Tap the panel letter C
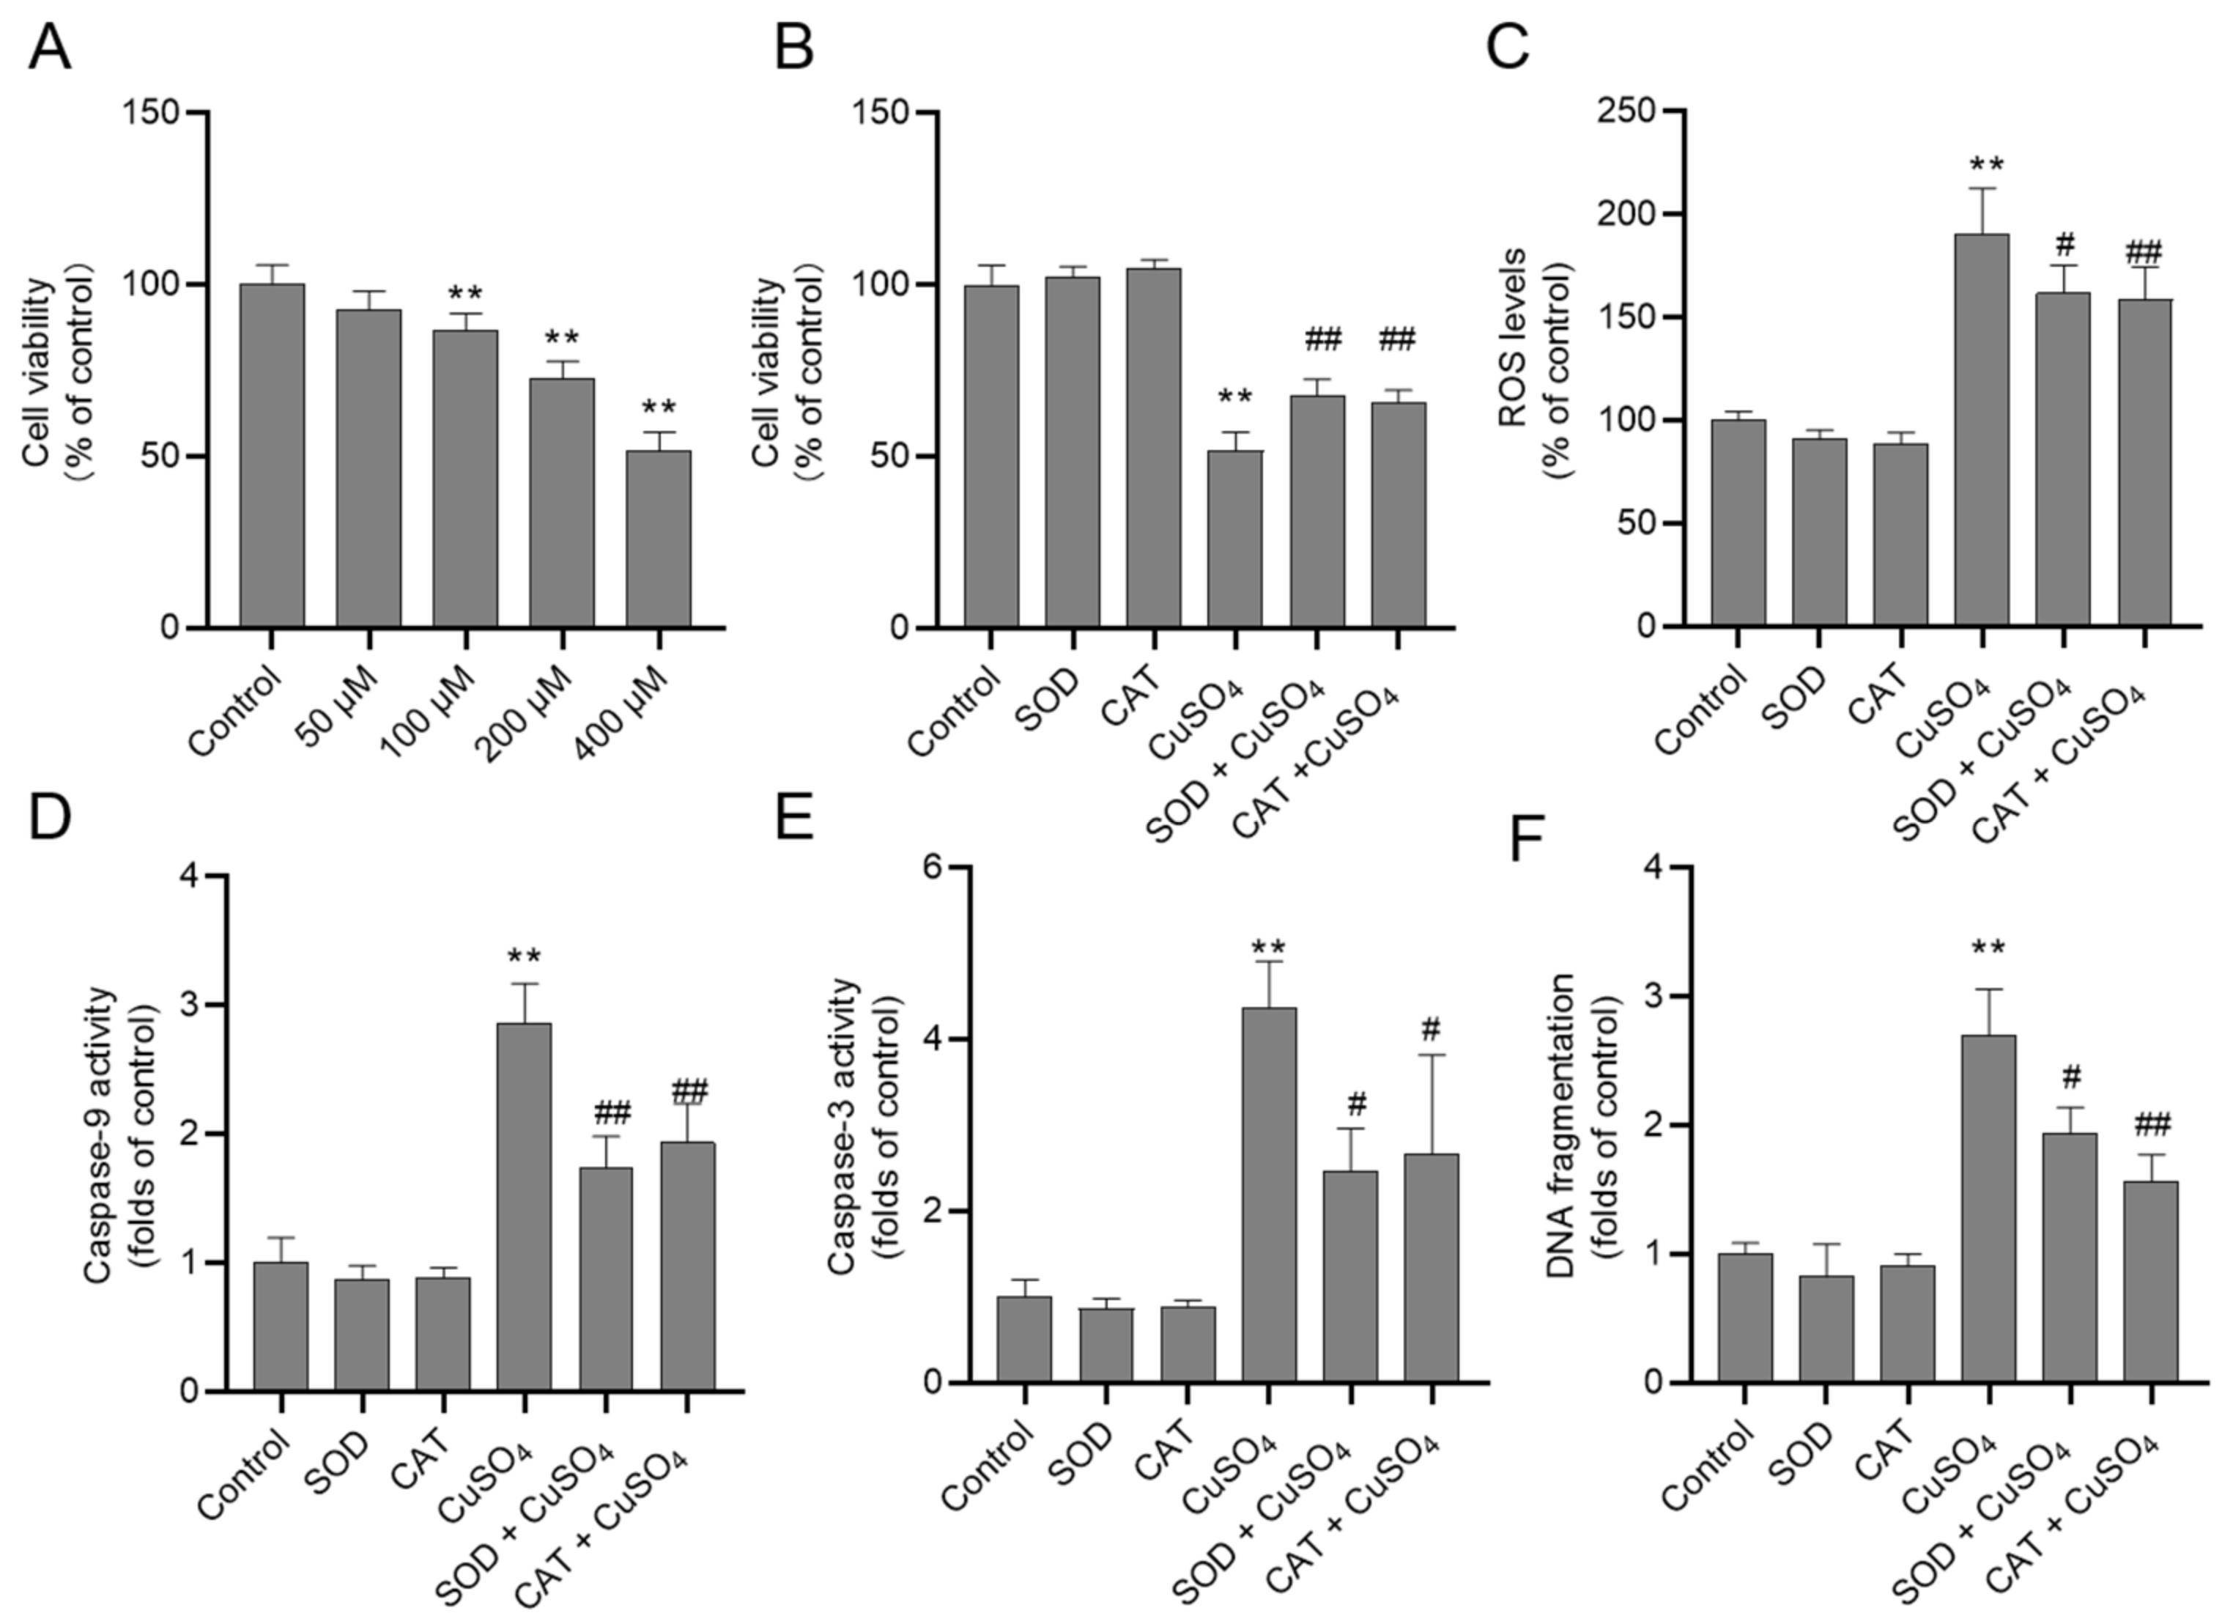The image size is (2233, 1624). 1508,48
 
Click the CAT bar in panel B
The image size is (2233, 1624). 1153,447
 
